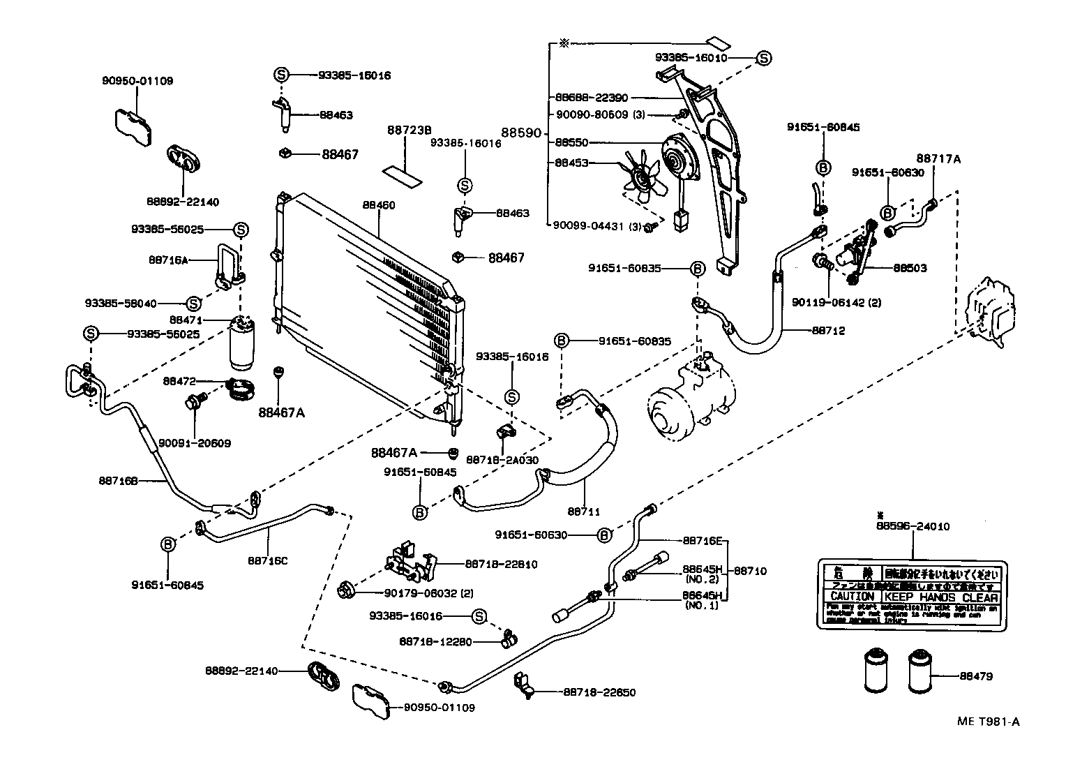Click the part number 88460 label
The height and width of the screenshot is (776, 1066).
point(379,205)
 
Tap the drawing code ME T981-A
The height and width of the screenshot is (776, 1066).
point(987,722)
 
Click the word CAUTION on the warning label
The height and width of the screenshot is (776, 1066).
point(852,597)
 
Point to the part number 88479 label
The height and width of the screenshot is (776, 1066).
point(976,676)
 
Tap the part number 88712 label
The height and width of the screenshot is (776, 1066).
point(828,331)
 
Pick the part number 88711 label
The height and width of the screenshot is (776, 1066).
point(584,512)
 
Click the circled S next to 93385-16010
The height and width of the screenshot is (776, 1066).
point(764,58)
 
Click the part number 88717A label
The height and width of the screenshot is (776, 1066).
point(938,159)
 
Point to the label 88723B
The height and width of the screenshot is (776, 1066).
point(409,130)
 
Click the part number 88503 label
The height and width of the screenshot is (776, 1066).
point(910,268)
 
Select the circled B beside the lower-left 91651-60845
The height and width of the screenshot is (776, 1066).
point(167,544)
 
